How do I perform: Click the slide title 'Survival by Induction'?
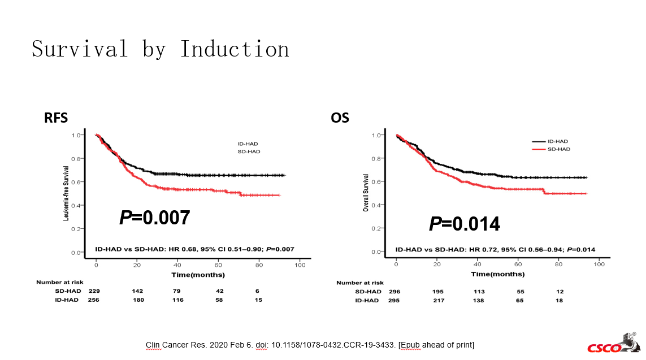161,49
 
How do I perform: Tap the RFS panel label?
57,118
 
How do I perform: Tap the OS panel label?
340,118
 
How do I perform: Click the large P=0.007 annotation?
154,218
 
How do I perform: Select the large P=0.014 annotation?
464,224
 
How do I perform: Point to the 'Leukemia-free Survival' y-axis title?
66,193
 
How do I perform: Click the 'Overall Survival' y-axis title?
366,193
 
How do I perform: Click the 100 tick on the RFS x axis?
300,265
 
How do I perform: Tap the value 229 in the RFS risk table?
94,291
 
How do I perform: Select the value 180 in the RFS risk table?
138,300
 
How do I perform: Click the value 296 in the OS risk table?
396,292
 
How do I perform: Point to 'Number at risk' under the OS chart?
359,283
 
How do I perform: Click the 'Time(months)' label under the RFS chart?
198,275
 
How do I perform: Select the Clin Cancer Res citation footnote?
310,345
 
